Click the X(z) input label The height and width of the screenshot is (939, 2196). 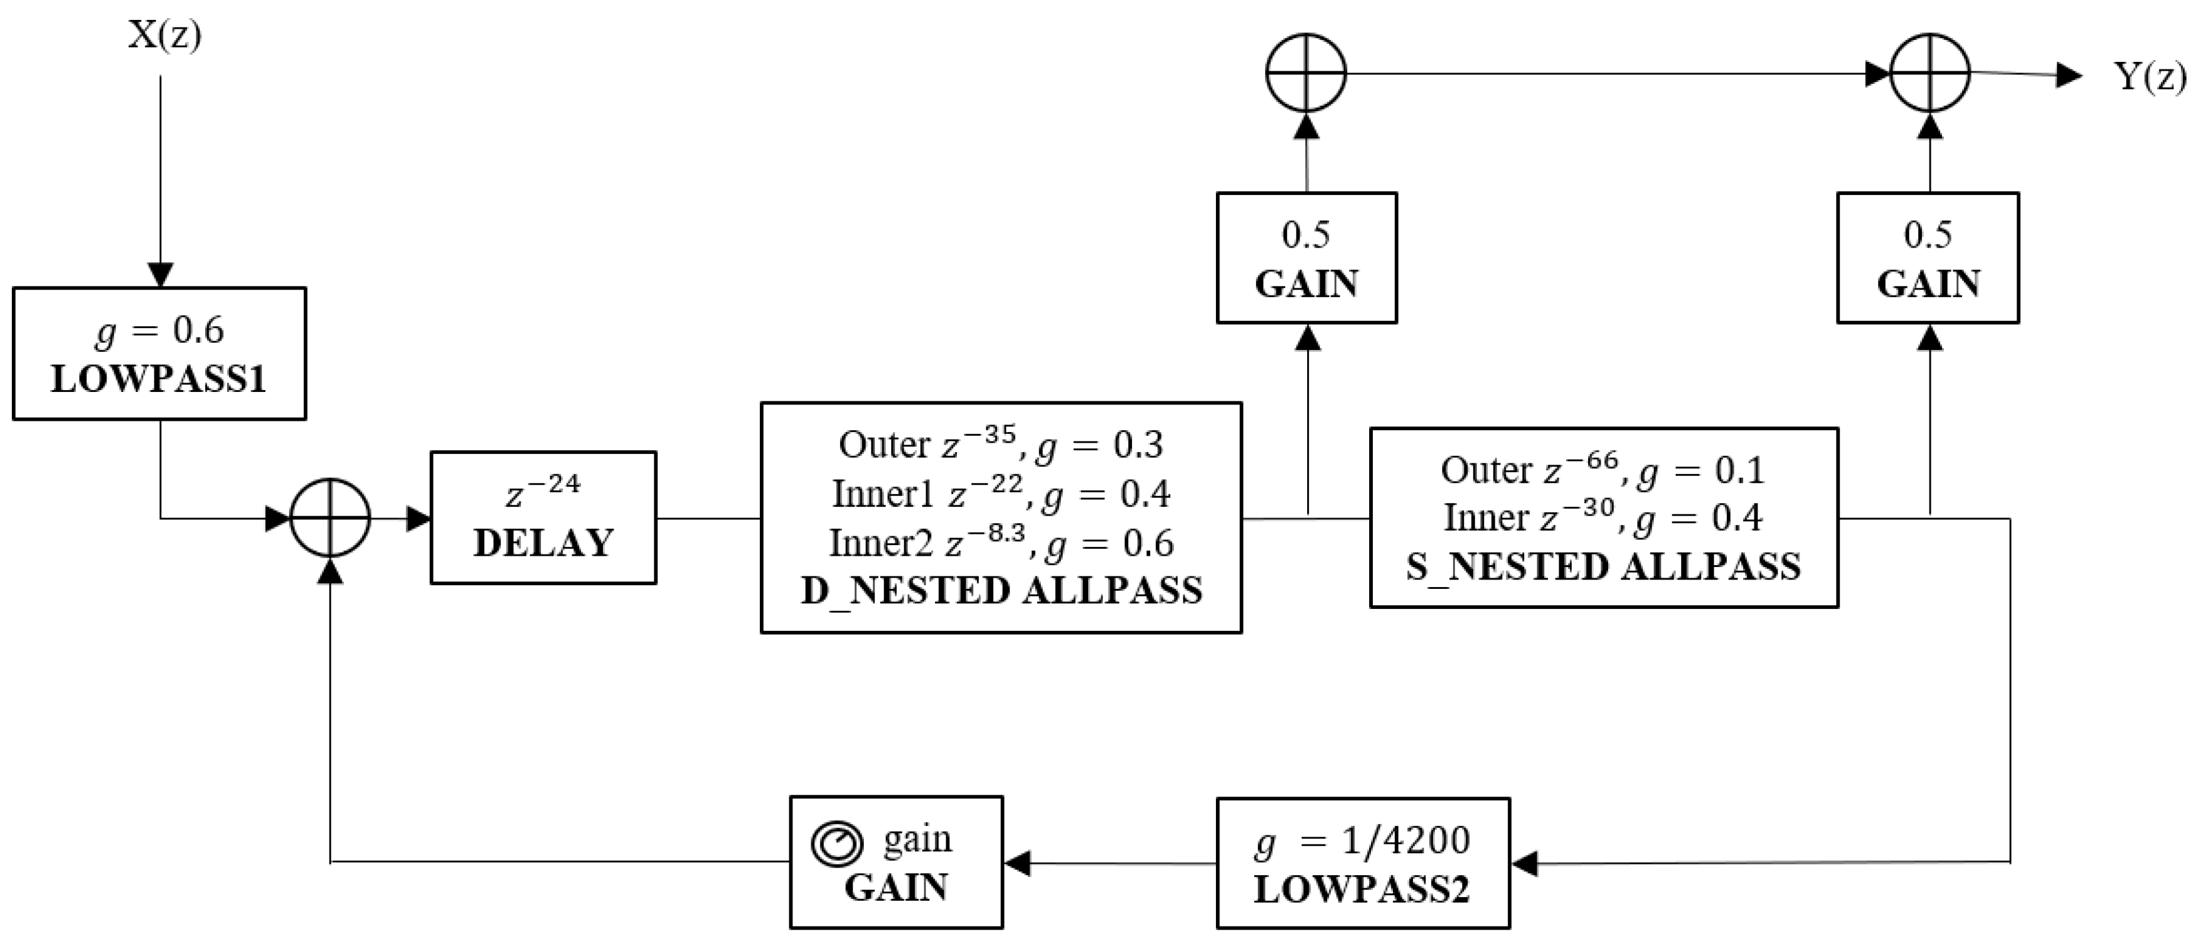164,36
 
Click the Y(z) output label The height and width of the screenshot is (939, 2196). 2148,77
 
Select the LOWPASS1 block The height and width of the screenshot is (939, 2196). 159,354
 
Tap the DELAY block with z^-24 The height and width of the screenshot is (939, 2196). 543,517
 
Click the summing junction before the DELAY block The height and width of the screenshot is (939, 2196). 330,517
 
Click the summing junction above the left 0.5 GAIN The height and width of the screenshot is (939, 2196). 1305,73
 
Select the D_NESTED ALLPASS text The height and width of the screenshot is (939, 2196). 1001,591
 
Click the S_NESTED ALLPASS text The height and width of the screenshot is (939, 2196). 1604,566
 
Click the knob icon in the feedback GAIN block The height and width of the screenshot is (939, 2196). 836,843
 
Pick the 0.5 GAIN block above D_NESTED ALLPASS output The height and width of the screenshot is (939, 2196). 1306,258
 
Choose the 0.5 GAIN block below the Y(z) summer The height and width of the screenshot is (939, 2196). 1928,258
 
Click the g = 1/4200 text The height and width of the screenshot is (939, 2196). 1362,841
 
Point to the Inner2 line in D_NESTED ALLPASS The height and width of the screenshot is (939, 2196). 1001,543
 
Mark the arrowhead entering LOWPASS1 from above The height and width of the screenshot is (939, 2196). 160,274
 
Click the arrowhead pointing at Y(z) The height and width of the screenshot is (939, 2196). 2069,75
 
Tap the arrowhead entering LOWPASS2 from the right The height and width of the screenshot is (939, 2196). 1524,864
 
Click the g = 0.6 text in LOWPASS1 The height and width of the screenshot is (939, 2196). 159,331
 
